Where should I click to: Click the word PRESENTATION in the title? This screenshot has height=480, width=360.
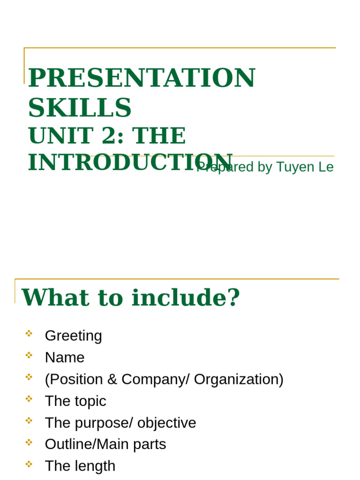[x=142, y=78]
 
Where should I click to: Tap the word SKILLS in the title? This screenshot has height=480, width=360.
[x=80, y=107]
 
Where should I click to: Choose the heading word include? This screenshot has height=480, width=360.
[x=186, y=298]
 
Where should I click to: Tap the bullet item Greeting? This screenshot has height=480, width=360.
[x=73, y=336]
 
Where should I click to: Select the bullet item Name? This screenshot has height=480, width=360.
[x=65, y=358]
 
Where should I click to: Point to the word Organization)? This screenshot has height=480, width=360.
[x=239, y=379]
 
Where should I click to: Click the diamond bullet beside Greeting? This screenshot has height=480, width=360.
[x=29, y=333]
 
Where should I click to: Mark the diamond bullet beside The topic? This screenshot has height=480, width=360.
[x=29, y=399]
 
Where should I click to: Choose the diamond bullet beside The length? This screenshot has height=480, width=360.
[x=29, y=464]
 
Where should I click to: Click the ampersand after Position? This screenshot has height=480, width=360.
[x=112, y=379]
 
